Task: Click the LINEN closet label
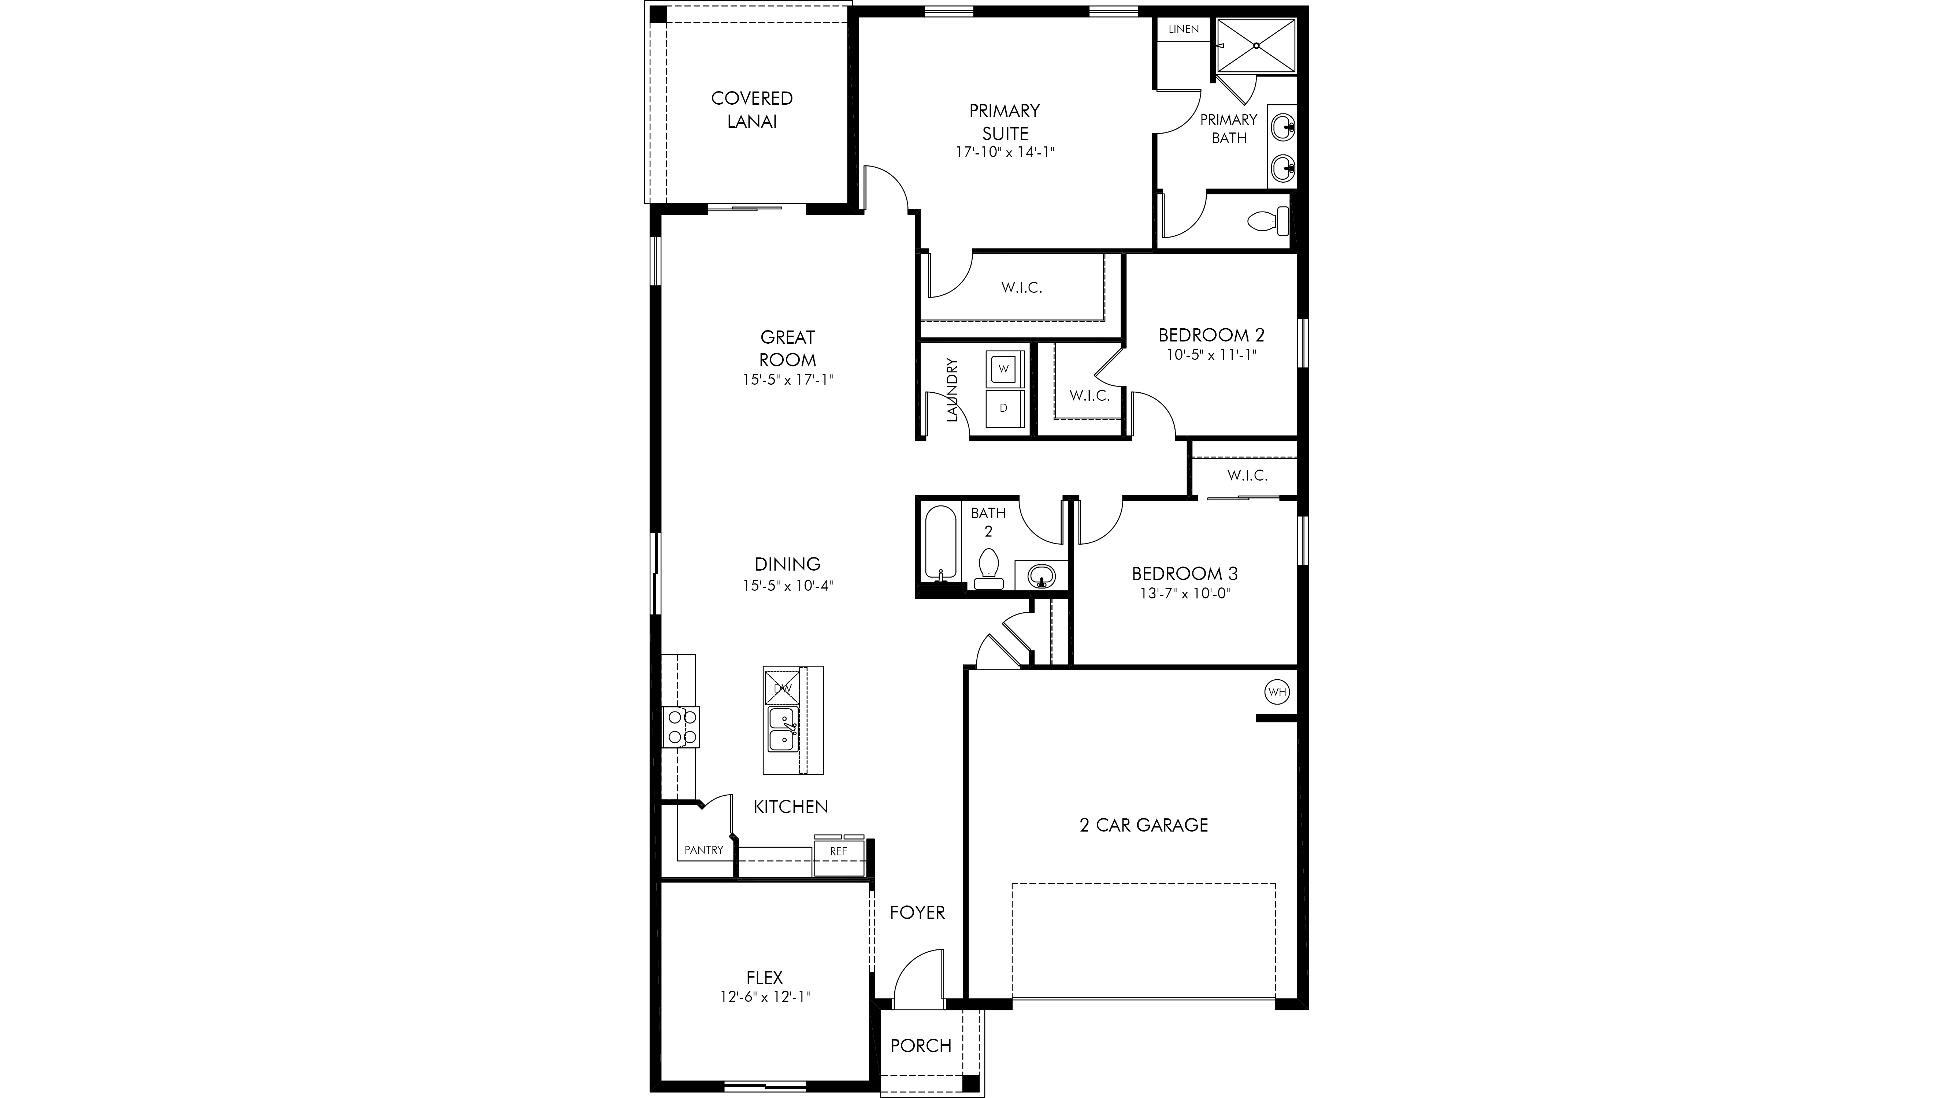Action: [1184, 29]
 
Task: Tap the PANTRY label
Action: [703, 849]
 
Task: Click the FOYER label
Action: [917, 912]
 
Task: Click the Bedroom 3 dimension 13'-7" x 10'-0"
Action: [1184, 593]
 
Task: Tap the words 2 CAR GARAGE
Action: [1143, 825]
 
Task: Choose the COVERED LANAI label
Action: [752, 109]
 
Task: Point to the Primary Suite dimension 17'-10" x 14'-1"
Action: [1005, 152]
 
